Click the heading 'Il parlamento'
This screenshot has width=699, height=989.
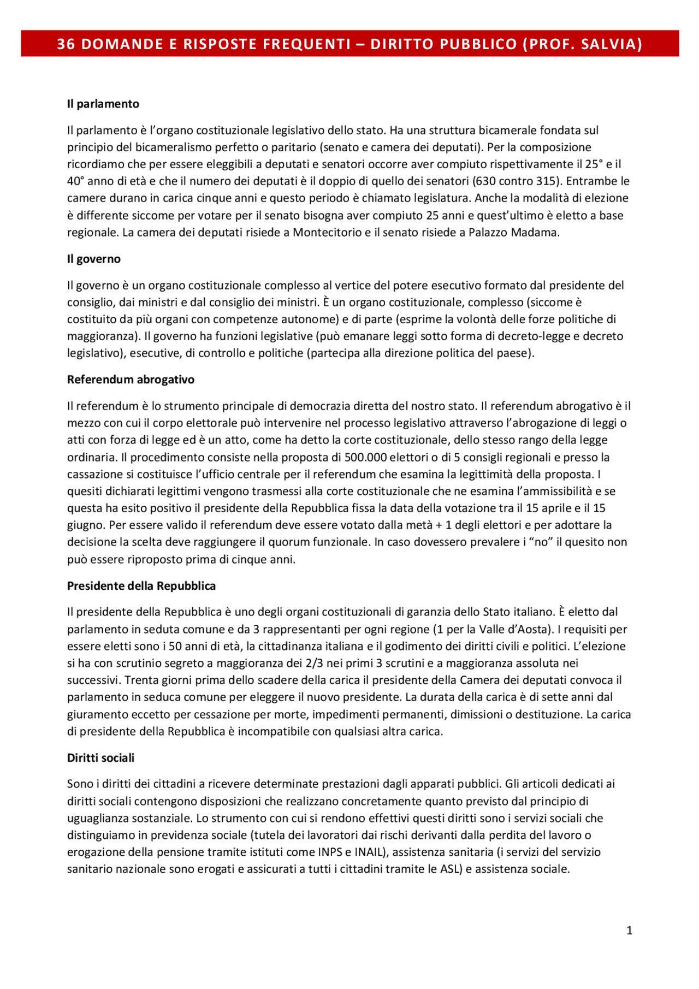[103, 104]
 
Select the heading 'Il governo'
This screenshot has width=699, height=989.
[93, 259]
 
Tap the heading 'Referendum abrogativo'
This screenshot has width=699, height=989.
[131, 380]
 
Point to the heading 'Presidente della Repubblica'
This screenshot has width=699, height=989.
[141, 586]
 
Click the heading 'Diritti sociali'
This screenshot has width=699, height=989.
[100, 758]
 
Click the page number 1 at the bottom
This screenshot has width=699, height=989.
[629, 931]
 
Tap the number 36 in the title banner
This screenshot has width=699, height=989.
[66, 44]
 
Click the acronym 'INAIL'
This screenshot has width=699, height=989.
[369, 852]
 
